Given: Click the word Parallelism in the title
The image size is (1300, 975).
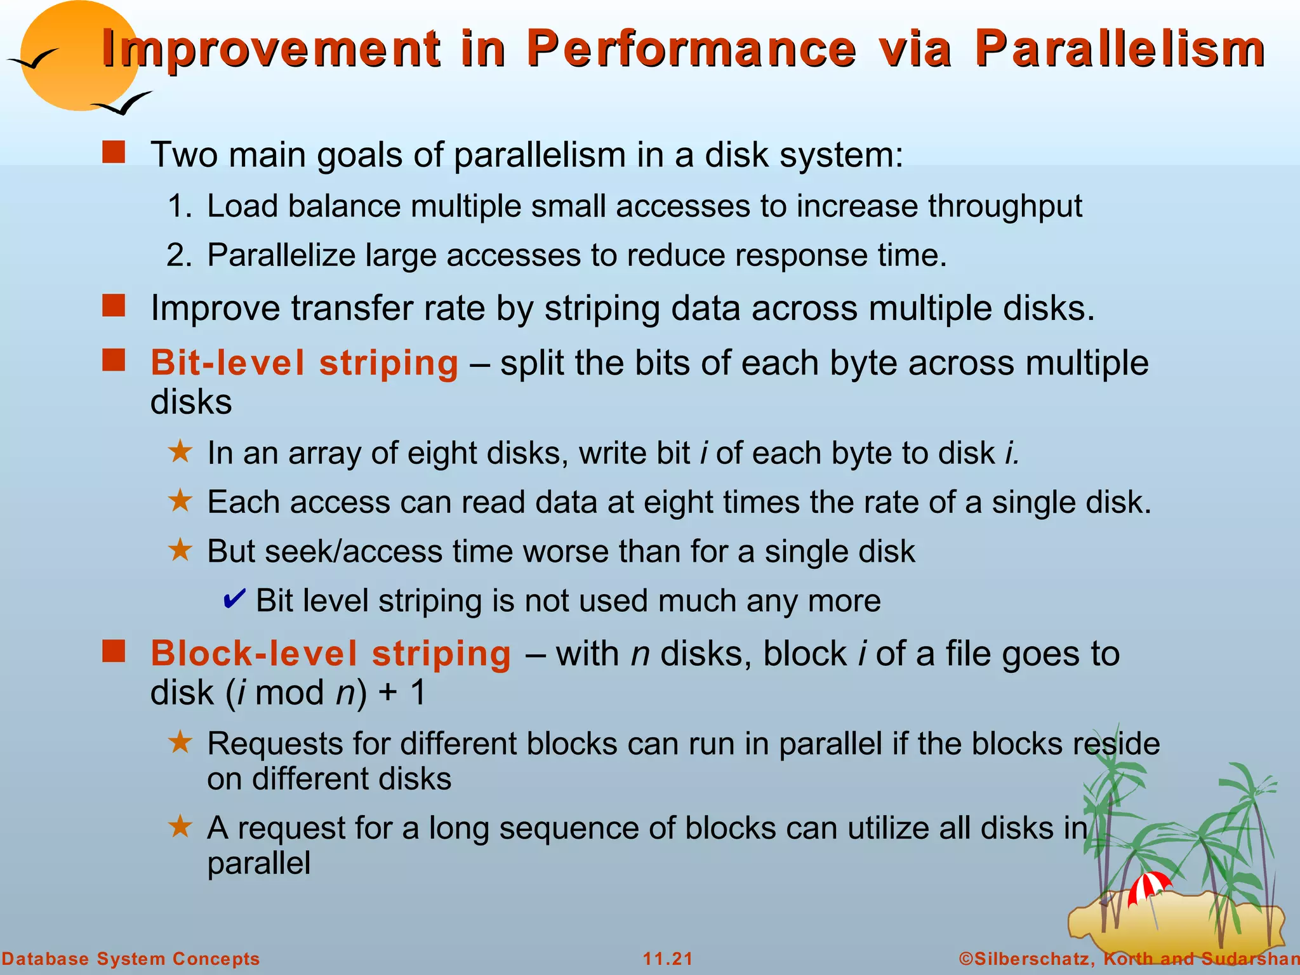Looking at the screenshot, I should click(x=1120, y=49).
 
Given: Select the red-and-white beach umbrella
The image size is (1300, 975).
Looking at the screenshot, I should click(x=1149, y=885).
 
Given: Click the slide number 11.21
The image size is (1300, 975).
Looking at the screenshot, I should click(x=668, y=958).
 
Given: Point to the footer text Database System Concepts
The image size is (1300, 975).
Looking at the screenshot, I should click(x=131, y=958).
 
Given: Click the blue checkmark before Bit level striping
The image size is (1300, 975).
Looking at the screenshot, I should click(x=234, y=599).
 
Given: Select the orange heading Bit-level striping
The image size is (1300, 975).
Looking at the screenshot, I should click(x=304, y=363).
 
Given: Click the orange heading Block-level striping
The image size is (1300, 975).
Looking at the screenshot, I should click(x=331, y=654).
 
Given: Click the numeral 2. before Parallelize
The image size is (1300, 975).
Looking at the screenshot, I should click(x=178, y=256).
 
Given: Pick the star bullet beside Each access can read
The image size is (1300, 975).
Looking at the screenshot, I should click(x=180, y=501).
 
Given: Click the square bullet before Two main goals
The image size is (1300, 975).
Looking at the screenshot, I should click(x=114, y=153).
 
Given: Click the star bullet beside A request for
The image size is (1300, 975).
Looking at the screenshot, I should click(x=180, y=826).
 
